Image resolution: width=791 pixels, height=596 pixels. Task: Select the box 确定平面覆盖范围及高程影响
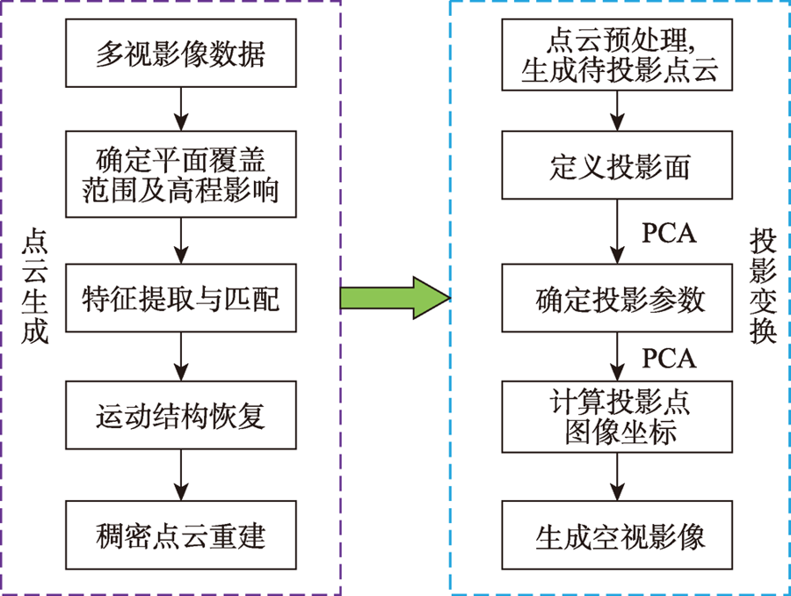tap(180, 174)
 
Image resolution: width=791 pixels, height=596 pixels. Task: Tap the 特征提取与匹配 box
tap(180, 298)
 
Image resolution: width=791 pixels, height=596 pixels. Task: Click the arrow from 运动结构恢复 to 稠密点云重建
tap(180, 476)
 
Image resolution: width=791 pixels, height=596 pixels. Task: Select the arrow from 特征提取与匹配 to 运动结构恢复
tap(180, 357)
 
